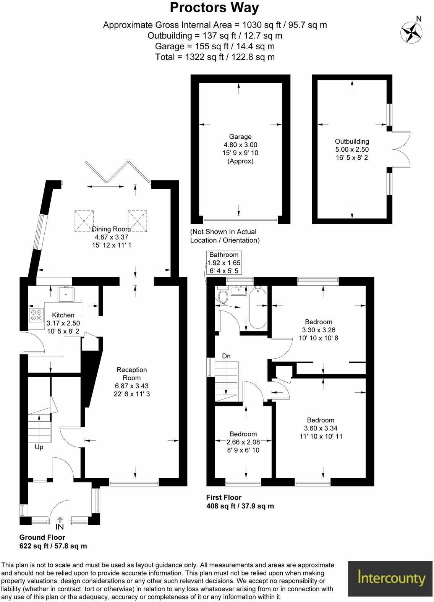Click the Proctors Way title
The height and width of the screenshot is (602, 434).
tap(214, 8)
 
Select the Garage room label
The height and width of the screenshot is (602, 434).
tap(240, 137)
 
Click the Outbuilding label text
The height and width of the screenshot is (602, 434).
tap(352, 141)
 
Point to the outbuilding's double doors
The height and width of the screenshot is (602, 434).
tap(402, 149)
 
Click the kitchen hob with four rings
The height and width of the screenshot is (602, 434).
tap(36, 315)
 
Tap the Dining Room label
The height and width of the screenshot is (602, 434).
tap(111, 229)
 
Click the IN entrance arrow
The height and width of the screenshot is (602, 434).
tap(60, 524)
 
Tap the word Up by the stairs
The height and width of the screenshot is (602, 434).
tap(39, 447)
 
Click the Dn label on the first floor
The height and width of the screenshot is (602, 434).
tap(226, 356)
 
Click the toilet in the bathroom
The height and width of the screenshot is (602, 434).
tap(223, 295)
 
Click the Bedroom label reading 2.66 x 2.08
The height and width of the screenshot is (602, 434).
tap(243, 442)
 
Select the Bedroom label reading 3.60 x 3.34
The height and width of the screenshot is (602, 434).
tap(321, 428)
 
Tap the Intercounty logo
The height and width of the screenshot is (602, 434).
tap(390, 578)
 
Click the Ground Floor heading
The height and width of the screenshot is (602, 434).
tap(42, 537)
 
